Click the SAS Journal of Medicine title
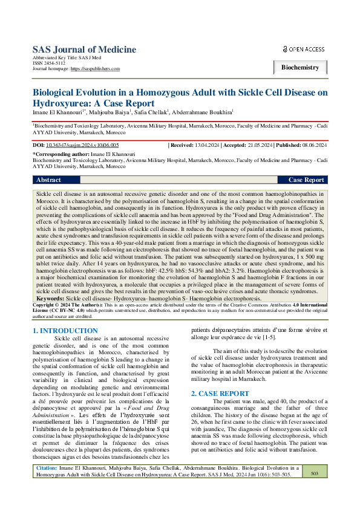coord(84,50)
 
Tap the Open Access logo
coord(304,49)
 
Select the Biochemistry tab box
coord(300,68)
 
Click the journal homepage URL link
coord(95,69)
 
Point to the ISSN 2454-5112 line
coord(49,63)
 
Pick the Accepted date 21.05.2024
coord(260,146)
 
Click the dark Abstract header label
coord(48,180)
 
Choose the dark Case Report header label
coord(306,180)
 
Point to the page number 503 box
coord(314,491)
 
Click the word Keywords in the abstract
coord(51,299)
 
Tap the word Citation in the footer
coord(47,485)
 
